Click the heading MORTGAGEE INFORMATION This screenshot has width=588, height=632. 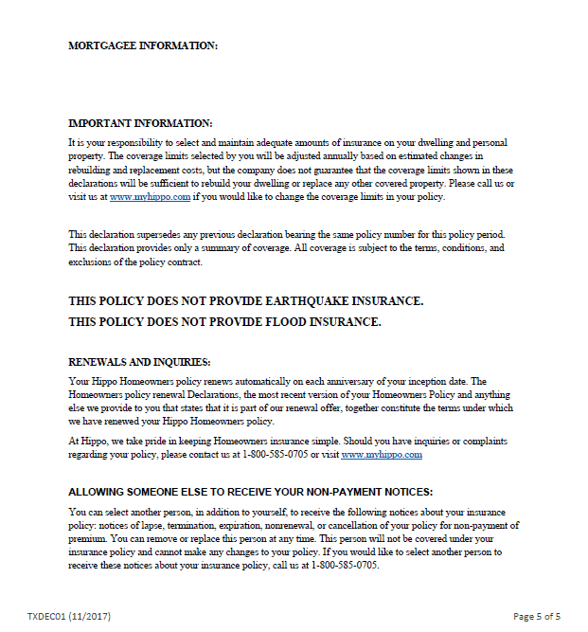click(142, 45)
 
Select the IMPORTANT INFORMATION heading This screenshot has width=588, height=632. click(140, 123)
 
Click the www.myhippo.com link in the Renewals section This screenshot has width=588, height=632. click(381, 455)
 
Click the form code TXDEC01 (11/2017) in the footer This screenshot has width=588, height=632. click(69, 616)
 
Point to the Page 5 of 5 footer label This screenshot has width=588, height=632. click(537, 616)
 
